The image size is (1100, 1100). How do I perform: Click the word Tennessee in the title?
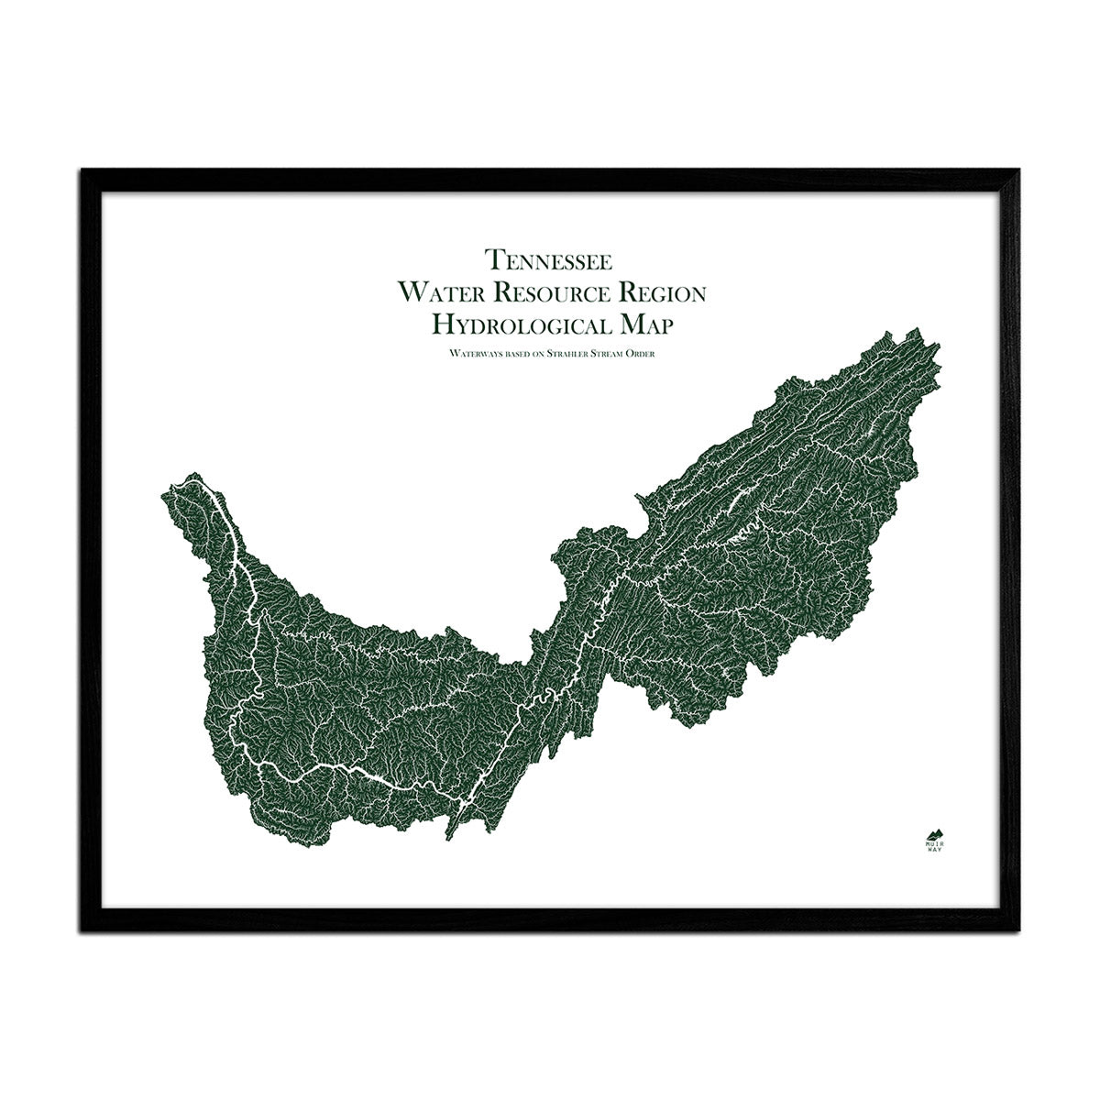coord(550,260)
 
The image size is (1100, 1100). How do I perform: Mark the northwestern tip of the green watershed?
coord(189,477)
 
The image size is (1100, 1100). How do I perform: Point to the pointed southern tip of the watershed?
coord(448,835)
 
